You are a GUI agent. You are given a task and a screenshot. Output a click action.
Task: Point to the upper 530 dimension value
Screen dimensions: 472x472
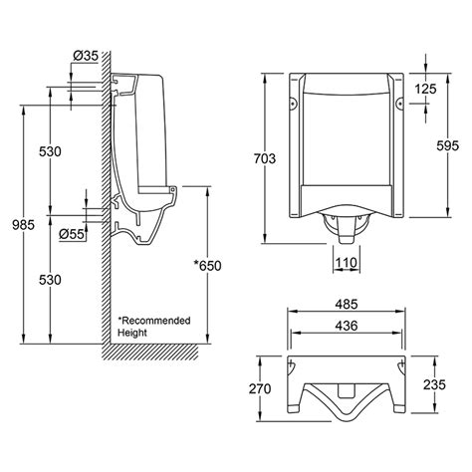click(x=51, y=151)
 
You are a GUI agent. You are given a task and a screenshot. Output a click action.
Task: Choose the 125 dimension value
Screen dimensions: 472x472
click(x=427, y=90)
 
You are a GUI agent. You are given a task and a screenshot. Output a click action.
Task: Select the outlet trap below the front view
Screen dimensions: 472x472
click(x=344, y=228)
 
